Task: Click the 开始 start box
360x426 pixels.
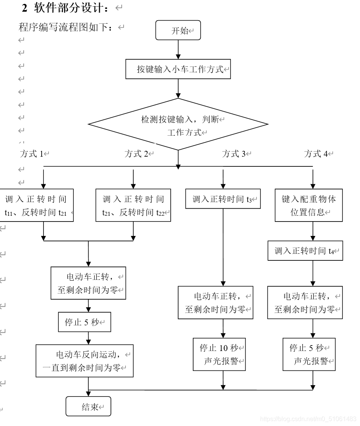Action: tap(178, 31)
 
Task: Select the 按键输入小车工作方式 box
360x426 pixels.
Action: tap(178, 69)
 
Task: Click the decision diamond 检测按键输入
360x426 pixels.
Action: tap(178, 124)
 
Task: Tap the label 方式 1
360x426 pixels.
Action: tap(33, 154)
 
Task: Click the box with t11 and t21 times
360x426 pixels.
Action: tap(36, 205)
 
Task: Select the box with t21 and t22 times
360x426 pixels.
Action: tap(133, 205)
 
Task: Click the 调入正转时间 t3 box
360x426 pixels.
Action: tap(223, 199)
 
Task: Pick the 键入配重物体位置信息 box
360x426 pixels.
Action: tap(309, 205)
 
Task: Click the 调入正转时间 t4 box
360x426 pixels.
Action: tap(305, 251)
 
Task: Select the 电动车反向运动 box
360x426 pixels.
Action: tap(85, 361)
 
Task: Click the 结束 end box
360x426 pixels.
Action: tap(88, 407)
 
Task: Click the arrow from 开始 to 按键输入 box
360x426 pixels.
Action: tap(178, 50)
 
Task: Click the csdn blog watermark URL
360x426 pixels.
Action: tap(308, 419)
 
